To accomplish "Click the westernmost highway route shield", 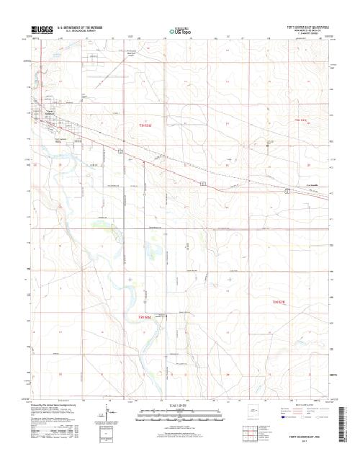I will [x=122, y=150].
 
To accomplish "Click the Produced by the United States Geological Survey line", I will [x=54, y=406].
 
